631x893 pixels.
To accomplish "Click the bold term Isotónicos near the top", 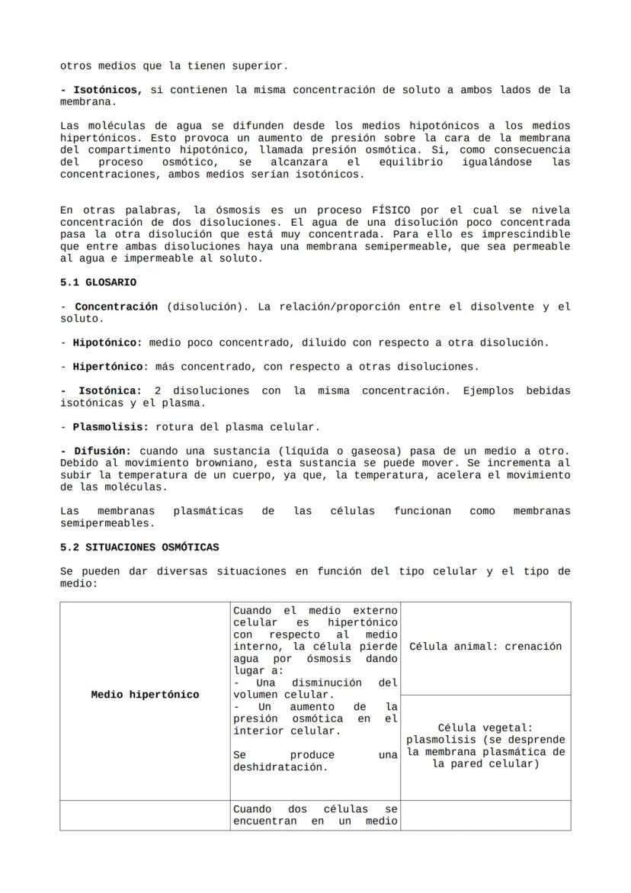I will point(107,90).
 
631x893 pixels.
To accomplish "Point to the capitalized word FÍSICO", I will point(391,210).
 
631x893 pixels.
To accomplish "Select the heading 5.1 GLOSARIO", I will point(98,282).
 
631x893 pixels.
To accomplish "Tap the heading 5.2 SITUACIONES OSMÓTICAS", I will point(139,547).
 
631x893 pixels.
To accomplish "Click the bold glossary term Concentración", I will point(116,307).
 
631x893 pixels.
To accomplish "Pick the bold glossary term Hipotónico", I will point(107,342).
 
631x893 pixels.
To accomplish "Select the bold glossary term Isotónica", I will point(110,390).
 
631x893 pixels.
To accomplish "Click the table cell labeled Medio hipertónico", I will point(145,695).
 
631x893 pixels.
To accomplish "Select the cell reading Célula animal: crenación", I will point(485,647).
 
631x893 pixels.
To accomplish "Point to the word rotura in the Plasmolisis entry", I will point(174,426).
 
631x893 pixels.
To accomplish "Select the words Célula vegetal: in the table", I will point(485,728).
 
